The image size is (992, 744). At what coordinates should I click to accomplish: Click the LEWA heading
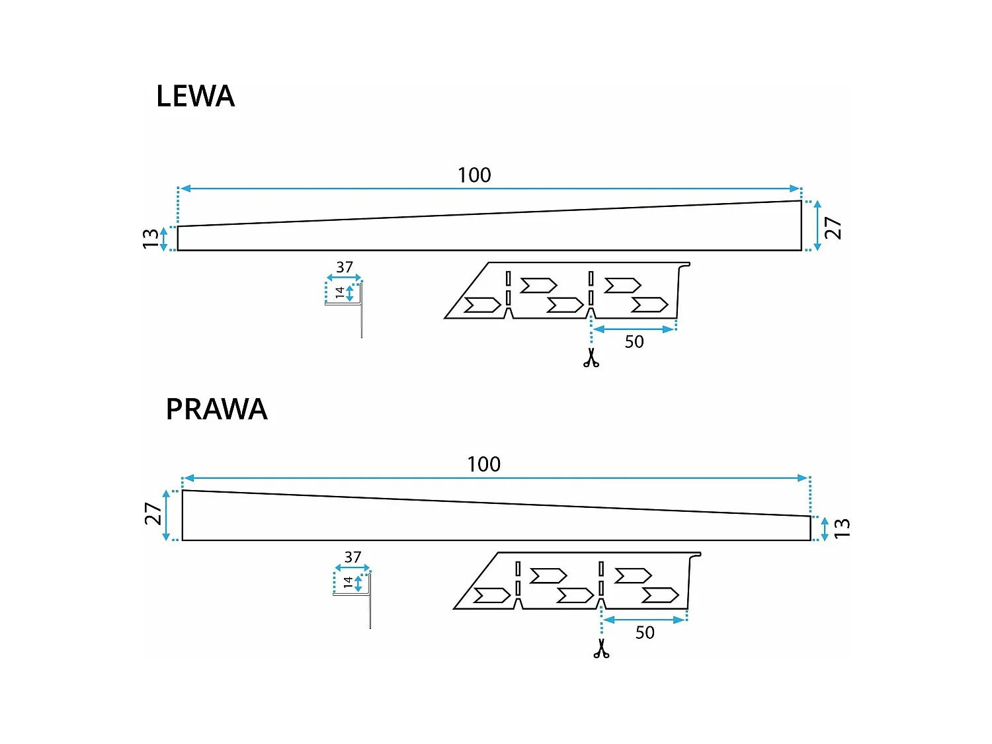(195, 96)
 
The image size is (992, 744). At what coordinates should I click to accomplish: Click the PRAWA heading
(216, 409)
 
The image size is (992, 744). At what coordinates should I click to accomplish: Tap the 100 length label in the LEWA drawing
(474, 175)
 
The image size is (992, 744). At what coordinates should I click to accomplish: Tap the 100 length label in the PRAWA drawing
(483, 464)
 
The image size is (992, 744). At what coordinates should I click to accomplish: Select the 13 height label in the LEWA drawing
(151, 239)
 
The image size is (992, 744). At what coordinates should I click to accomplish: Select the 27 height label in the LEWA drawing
(833, 227)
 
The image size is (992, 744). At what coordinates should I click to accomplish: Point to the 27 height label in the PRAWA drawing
(153, 514)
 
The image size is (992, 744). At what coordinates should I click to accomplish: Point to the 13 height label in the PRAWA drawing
(841, 528)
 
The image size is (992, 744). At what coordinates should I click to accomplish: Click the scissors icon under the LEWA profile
(591, 357)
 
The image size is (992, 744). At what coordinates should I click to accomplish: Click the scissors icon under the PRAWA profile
(601, 648)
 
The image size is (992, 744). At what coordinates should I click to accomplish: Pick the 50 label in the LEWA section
(634, 342)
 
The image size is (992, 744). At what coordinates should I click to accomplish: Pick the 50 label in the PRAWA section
(645, 632)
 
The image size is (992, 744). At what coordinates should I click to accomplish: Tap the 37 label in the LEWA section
(345, 267)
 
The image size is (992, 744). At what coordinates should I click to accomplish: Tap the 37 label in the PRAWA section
(352, 557)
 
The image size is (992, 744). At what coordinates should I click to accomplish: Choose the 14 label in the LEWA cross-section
(340, 292)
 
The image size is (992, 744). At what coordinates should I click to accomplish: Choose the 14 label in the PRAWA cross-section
(348, 582)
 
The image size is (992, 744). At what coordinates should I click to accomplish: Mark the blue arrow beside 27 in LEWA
(817, 226)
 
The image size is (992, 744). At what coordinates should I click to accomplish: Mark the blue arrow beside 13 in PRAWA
(824, 529)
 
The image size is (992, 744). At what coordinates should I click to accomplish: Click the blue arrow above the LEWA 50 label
(634, 329)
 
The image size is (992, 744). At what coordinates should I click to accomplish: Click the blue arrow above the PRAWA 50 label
(645, 620)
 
